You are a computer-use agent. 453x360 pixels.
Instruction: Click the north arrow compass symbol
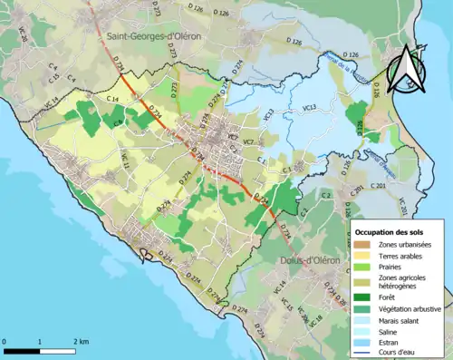(x=407, y=67)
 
